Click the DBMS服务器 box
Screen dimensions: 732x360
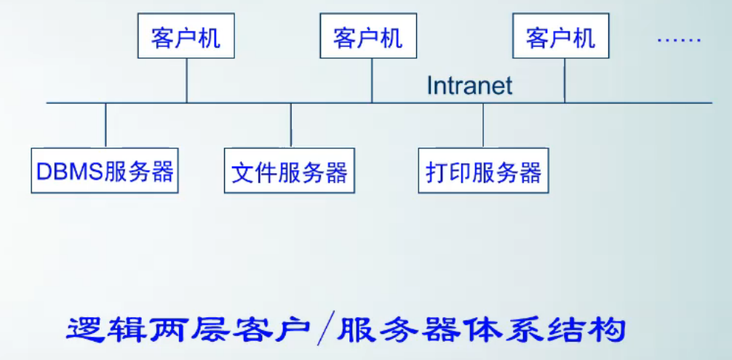click(105, 172)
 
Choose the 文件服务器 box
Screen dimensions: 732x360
click(290, 172)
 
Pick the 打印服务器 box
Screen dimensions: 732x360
click(484, 172)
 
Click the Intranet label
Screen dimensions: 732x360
click(469, 86)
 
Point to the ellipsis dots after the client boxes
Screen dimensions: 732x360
click(679, 40)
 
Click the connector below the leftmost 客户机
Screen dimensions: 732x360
click(187, 80)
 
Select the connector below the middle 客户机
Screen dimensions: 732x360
click(372, 80)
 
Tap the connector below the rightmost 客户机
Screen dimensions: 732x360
click(565, 80)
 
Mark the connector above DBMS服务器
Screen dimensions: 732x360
click(106, 125)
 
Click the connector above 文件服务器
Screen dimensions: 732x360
click(291, 125)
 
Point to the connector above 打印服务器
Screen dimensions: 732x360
click(483, 125)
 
